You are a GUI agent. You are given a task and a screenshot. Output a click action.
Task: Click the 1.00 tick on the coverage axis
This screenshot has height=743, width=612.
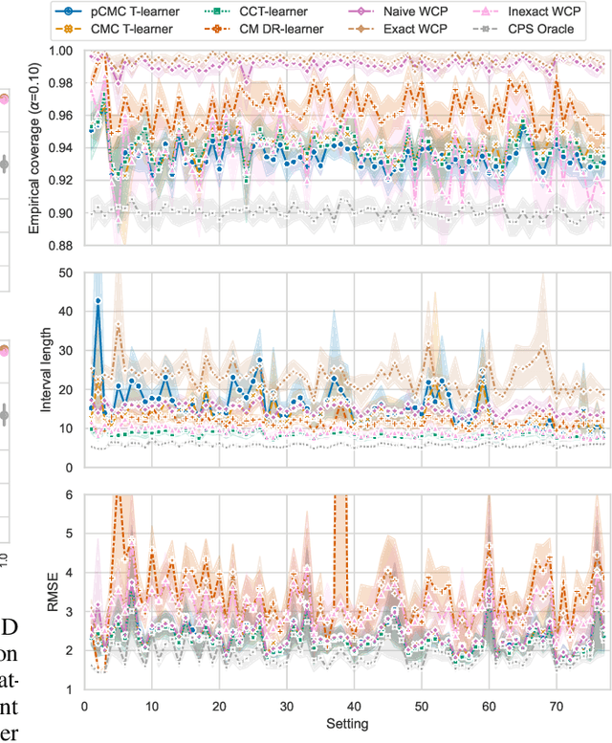click(64, 51)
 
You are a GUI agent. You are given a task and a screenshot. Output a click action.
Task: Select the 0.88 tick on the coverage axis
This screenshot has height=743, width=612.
click(64, 246)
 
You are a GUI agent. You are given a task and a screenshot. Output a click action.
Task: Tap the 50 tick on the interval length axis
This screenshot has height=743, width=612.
click(69, 273)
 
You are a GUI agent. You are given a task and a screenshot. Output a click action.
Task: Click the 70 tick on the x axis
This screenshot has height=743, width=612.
click(555, 703)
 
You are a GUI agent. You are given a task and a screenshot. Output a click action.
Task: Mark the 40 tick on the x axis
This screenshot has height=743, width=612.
click(353, 703)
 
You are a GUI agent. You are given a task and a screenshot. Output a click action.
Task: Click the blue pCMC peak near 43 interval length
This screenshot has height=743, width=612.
click(98, 301)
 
